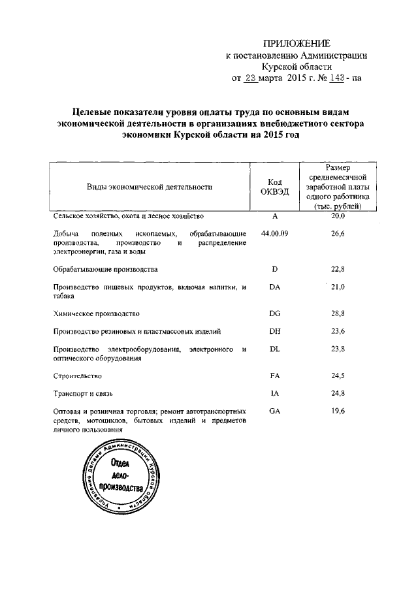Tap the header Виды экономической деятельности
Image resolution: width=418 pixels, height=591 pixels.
tap(150, 187)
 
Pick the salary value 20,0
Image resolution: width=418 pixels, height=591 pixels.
tap(338, 216)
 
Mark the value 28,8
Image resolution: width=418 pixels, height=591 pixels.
tap(338, 314)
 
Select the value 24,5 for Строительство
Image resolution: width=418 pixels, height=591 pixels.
tap(338, 376)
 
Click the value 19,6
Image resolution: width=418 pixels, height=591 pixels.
tap(338, 412)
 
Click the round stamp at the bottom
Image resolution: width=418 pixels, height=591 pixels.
tap(123, 480)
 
